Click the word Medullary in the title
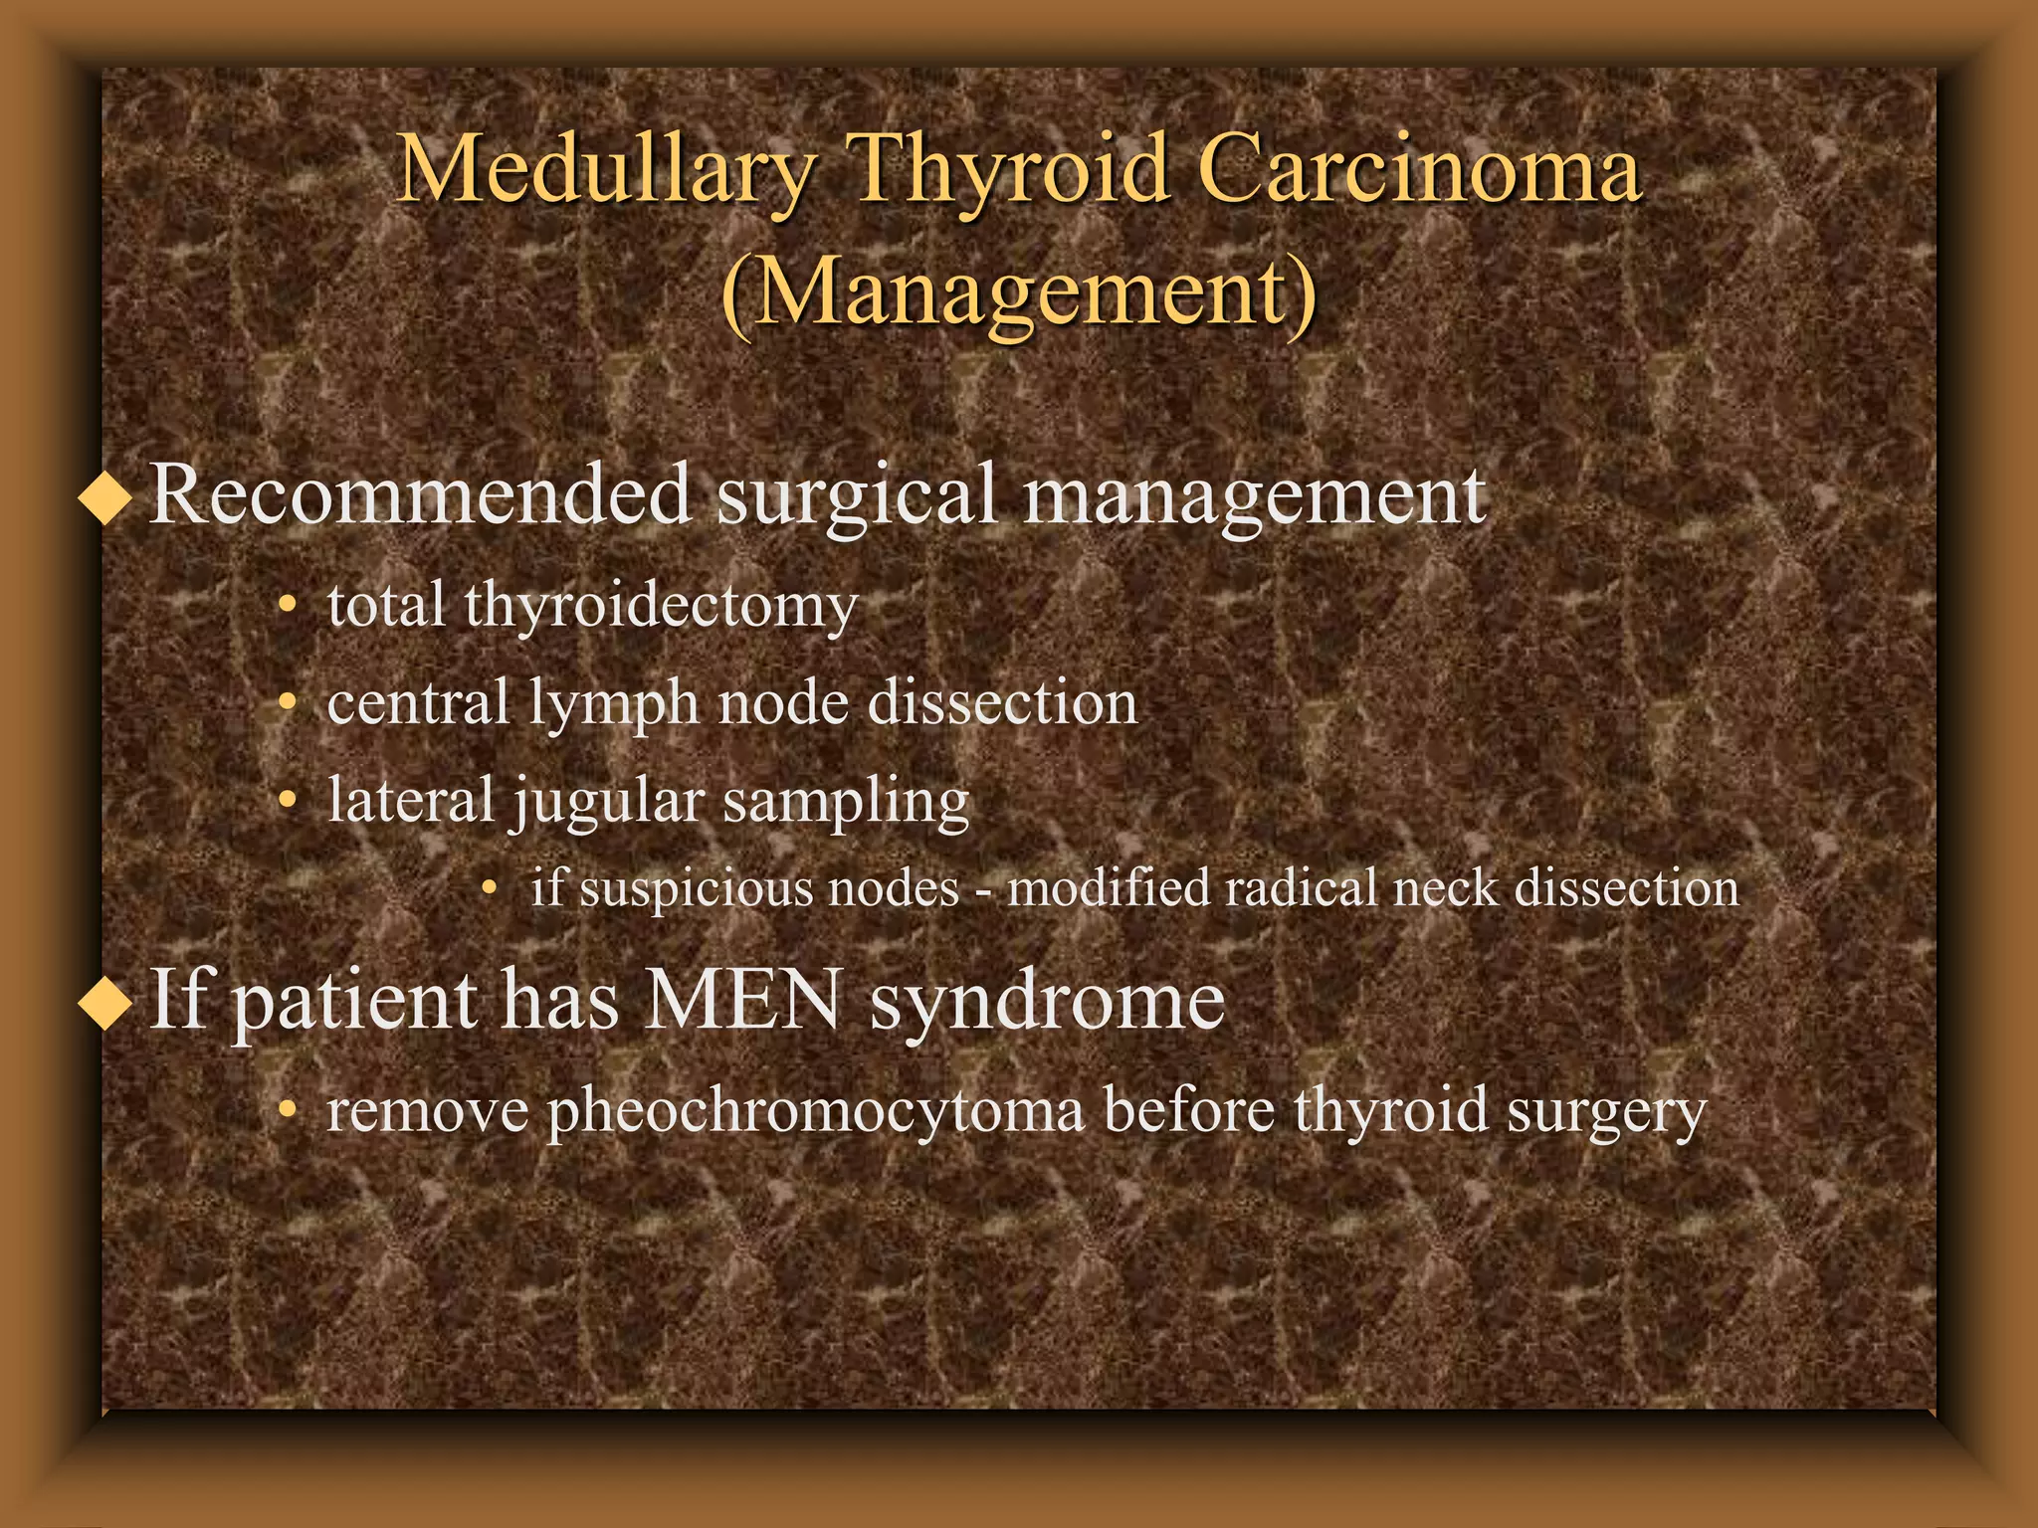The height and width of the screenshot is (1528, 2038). point(605,171)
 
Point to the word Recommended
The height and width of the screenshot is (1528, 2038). point(420,494)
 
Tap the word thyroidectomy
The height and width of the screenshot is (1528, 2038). point(660,607)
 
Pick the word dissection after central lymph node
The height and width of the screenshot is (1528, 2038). point(1002,703)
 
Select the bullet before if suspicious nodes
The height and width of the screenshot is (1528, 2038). point(489,887)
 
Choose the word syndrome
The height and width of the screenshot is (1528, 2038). point(1047,1003)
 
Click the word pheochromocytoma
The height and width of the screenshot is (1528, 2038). point(816,1112)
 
